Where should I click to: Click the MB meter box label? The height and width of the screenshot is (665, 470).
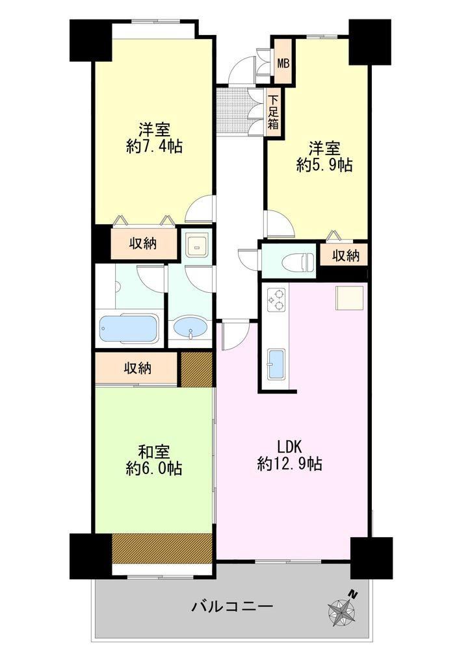pyautogui.click(x=283, y=64)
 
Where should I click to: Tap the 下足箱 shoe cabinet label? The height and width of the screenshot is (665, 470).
pyautogui.click(x=273, y=112)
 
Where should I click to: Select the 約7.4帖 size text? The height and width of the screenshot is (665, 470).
pyautogui.click(x=155, y=147)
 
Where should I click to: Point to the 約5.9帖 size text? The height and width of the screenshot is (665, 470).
pyautogui.click(x=324, y=164)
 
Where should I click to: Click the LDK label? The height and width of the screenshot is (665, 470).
pyautogui.click(x=289, y=446)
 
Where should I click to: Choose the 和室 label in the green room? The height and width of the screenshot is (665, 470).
pyautogui.click(x=153, y=451)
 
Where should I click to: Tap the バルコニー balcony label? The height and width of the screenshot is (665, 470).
pyautogui.click(x=232, y=607)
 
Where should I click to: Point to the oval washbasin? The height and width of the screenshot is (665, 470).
pyautogui.click(x=190, y=328)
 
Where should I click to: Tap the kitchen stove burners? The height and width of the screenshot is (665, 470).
pyautogui.click(x=276, y=299)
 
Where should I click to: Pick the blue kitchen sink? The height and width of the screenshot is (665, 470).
pyautogui.click(x=277, y=364)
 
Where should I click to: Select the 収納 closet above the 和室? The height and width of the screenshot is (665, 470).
pyautogui.click(x=137, y=368)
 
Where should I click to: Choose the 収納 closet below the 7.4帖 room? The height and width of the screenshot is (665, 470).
pyautogui.click(x=143, y=244)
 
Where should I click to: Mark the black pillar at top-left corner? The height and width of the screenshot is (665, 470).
pyautogui.click(x=91, y=40)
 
